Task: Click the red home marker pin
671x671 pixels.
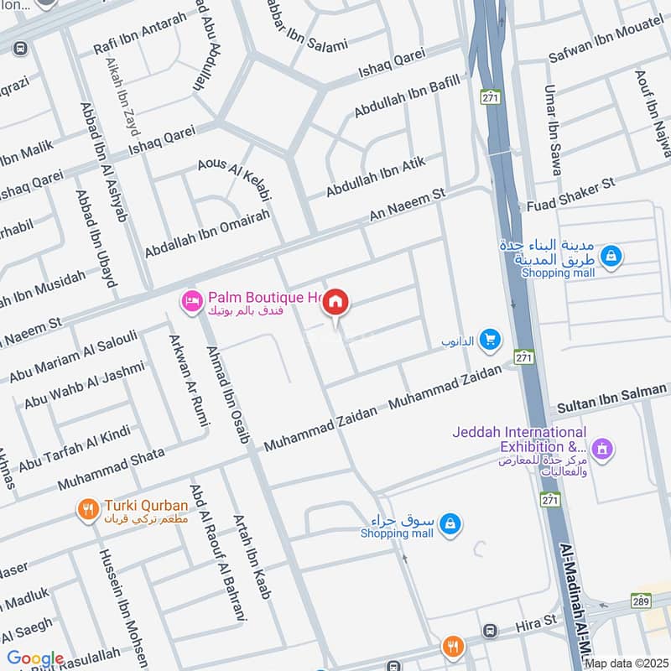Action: point(335,303)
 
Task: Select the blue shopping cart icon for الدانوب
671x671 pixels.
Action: point(492,339)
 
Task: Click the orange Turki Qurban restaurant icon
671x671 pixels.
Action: point(86,509)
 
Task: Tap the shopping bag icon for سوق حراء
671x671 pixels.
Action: point(451,524)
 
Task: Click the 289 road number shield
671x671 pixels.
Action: point(642,601)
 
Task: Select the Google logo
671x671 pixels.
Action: point(35,658)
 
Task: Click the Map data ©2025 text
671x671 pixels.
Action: point(626,663)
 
